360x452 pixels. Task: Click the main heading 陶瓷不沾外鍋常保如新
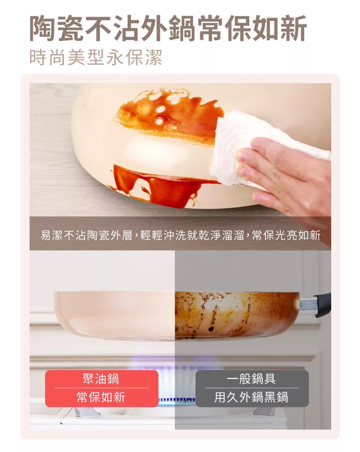168,28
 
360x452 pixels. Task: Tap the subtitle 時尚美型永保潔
96,57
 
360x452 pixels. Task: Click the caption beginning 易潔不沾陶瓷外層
180,235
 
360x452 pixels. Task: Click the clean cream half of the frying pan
114,315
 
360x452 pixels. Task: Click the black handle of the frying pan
323,305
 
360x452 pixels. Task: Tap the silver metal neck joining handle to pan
308,306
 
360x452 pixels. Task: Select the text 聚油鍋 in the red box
101,379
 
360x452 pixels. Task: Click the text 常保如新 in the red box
101,397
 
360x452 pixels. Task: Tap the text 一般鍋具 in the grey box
252,379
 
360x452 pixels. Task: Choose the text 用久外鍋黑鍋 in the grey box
252,397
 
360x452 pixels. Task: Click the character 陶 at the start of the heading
43,28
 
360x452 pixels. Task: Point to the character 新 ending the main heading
293,28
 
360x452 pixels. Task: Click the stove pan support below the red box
84,411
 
